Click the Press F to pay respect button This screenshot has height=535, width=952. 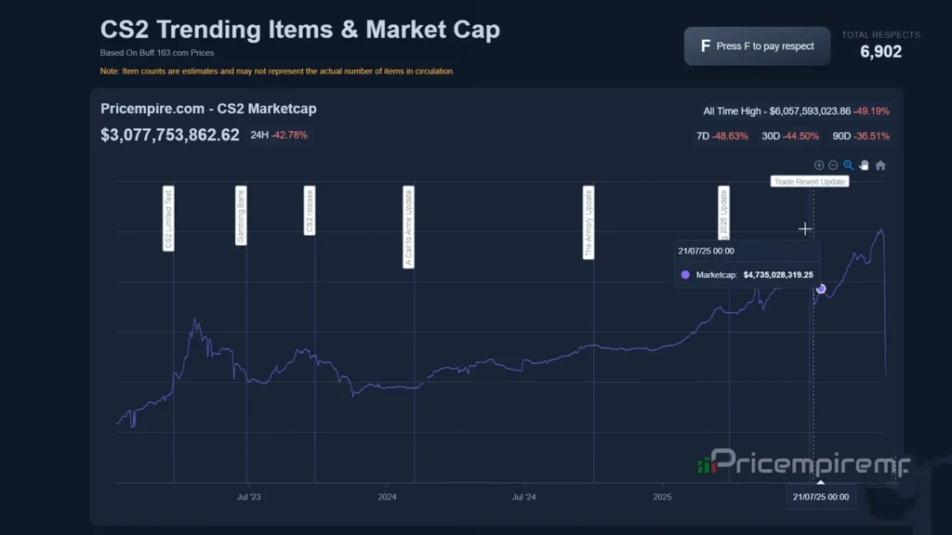tap(758, 46)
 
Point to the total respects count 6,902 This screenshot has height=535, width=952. tap(880, 52)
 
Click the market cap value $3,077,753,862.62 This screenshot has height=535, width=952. tap(170, 135)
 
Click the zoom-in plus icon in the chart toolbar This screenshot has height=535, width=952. tap(819, 165)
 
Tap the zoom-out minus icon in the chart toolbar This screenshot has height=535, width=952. tap(833, 165)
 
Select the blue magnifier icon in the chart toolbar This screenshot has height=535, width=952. tap(848, 165)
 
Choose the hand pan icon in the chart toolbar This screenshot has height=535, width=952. tap(864, 165)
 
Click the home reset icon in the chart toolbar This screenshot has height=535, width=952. tap(880, 165)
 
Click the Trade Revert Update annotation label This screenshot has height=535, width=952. tap(810, 182)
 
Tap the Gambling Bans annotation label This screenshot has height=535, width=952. tap(241, 215)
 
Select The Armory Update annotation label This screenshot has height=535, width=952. tap(588, 222)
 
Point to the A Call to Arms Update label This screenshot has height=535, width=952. tap(408, 227)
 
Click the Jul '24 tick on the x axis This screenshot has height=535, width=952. tap(524, 497)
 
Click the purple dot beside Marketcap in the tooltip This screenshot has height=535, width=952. tap(685, 275)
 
